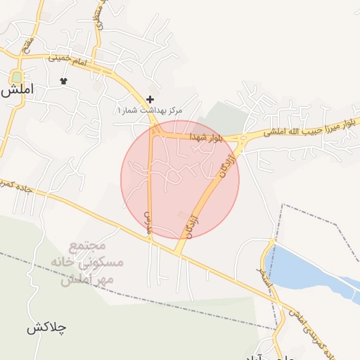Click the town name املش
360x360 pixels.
19,91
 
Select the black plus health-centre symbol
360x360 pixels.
149,99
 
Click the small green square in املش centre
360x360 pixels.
16,76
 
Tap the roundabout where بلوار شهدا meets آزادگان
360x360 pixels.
241,139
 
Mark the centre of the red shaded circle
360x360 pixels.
180,179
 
